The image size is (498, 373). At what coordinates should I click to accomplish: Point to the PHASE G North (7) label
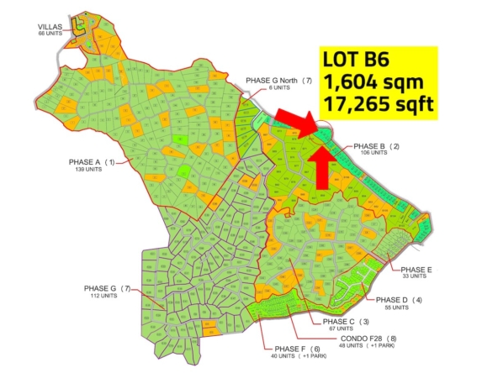(278, 80)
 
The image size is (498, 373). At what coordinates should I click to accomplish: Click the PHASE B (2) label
(376, 146)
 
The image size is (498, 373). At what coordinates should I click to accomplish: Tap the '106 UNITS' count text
(370, 153)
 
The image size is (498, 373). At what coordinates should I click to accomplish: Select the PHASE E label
(417, 269)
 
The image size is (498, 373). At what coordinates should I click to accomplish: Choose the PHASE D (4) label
(399, 300)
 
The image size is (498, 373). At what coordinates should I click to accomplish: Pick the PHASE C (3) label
(347, 322)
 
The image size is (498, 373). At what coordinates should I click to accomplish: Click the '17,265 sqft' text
(379, 105)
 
